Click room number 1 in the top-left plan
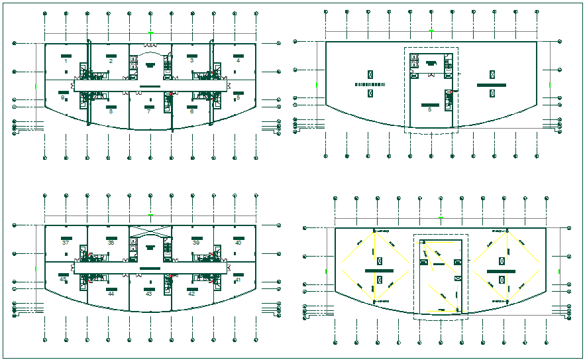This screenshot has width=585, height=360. [66, 61]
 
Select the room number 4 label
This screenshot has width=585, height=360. [238, 61]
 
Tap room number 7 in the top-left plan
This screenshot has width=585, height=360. [149, 111]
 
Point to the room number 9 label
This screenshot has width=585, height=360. [62, 97]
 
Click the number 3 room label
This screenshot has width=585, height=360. [191, 61]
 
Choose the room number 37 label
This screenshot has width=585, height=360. [66, 243]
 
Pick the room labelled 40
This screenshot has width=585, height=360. [238, 243]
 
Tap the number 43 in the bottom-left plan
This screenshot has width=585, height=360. [149, 293]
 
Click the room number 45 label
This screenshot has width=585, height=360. [63, 279]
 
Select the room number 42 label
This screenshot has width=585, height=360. [191, 293]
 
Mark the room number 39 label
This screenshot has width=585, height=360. [196, 243]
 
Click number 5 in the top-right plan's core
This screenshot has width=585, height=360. [429, 109]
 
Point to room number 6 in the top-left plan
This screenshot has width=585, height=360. [192, 111]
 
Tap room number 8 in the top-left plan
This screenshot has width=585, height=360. [111, 111]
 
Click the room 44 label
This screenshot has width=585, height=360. [111, 293]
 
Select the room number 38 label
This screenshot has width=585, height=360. [111, 243]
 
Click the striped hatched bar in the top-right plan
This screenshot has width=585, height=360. [370, 85]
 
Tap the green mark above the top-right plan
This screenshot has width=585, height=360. [431, 31]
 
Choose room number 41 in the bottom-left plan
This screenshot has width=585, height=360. [238, 280]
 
